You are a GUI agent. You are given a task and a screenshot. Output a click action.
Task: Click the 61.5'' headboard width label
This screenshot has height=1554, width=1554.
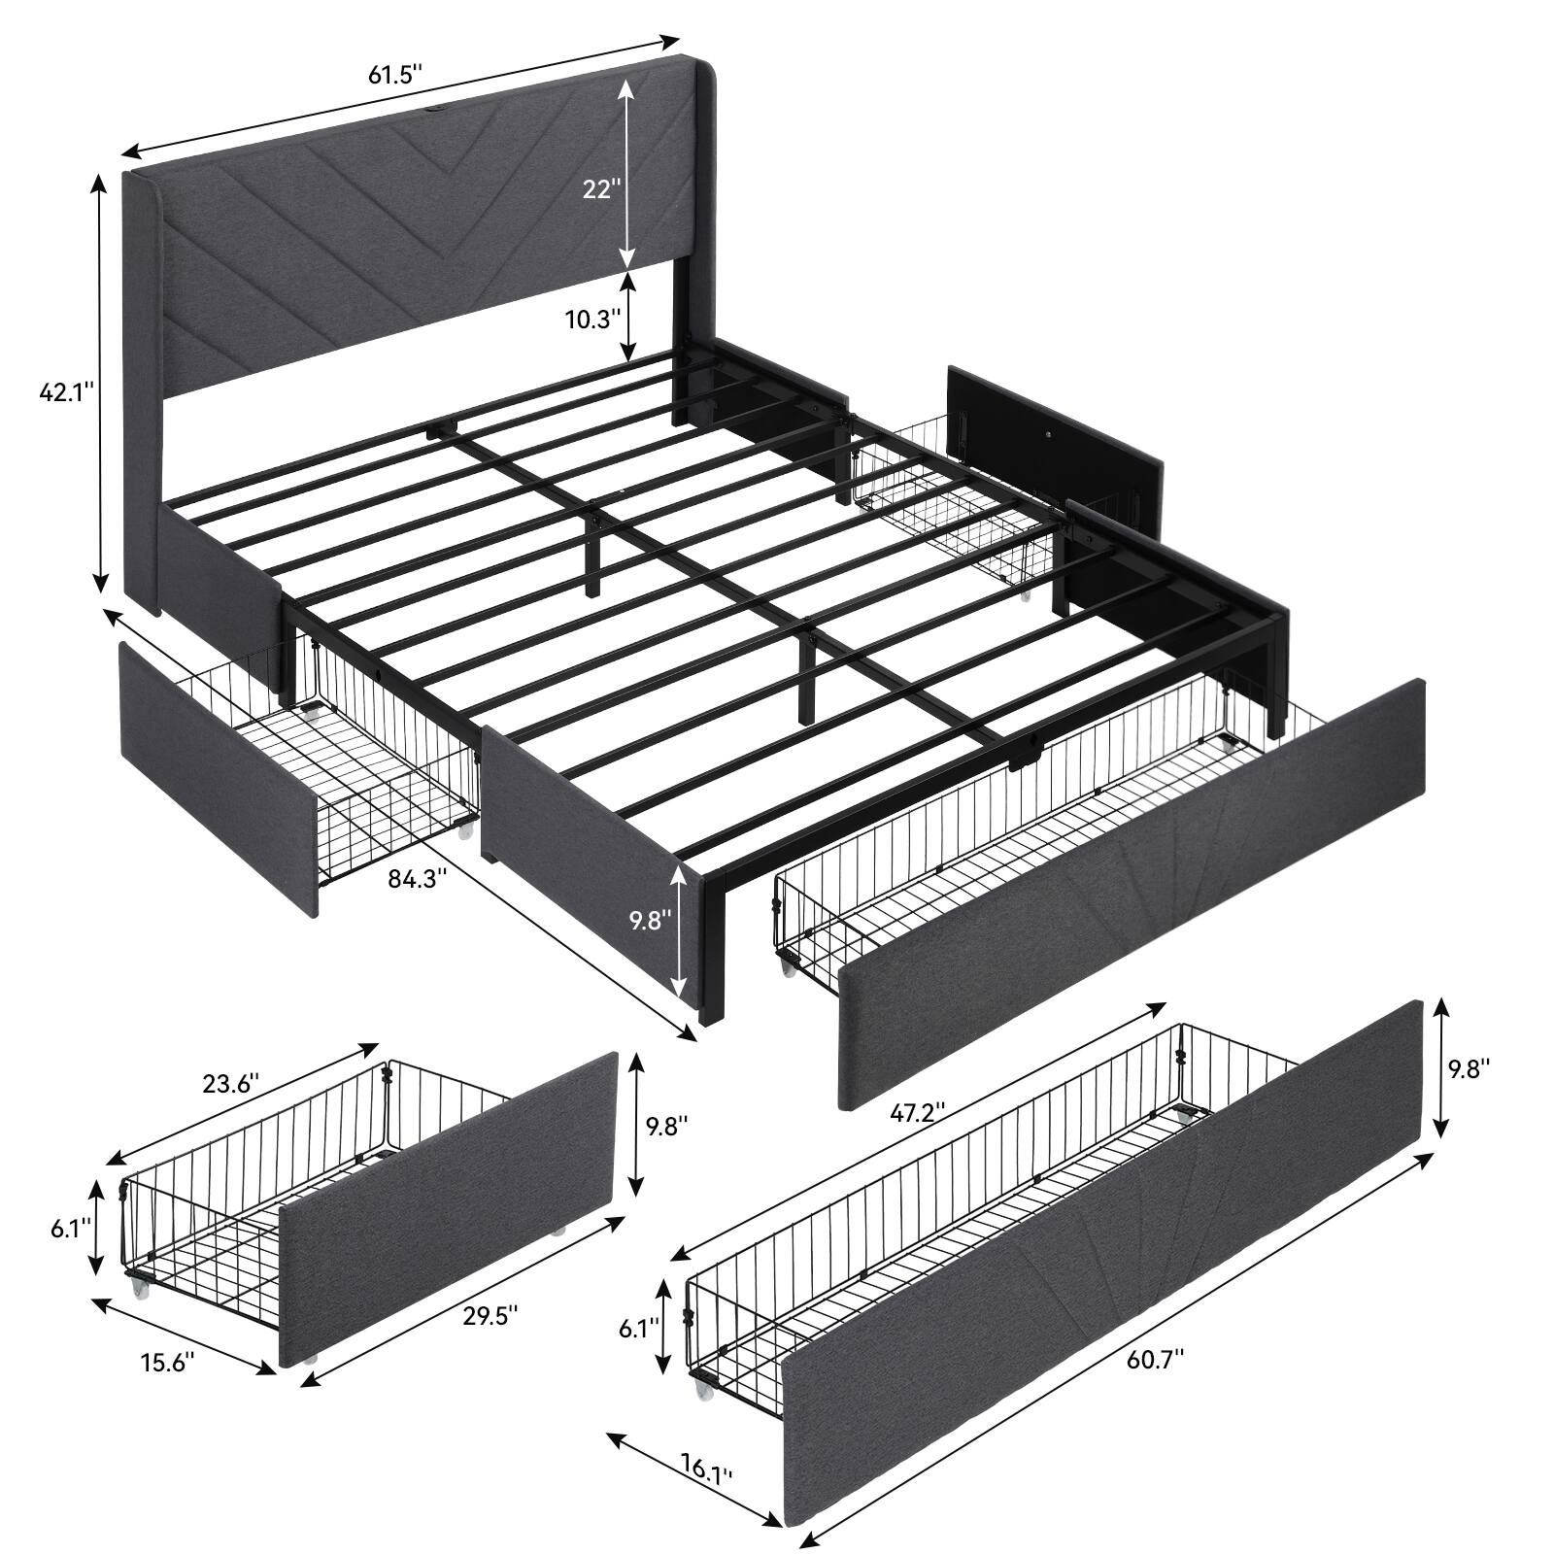pos(396,75)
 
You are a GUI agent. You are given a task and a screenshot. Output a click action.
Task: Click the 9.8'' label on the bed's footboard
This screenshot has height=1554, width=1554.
pos(650,919)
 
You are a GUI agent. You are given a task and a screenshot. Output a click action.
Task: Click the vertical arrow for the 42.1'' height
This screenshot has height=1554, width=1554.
pos(99,383)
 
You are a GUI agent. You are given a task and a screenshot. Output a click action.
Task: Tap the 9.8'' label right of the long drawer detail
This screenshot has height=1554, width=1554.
pos(1469,1068)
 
